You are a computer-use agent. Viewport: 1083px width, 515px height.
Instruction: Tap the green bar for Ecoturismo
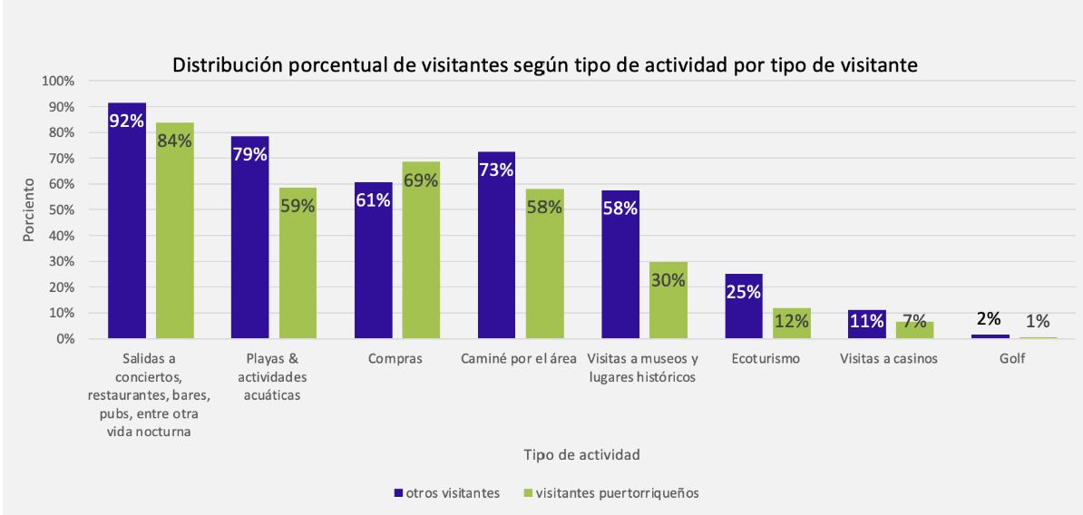791,324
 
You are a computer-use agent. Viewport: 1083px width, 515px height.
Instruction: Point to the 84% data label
174,141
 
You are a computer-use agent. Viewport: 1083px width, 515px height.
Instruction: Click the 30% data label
668,280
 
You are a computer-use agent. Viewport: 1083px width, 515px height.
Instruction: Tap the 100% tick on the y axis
57,81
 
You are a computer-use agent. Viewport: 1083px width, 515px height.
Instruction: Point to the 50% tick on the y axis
60,209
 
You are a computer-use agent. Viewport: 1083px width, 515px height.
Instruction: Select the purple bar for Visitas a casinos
866,325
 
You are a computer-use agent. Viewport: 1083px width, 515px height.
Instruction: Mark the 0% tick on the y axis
63,339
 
